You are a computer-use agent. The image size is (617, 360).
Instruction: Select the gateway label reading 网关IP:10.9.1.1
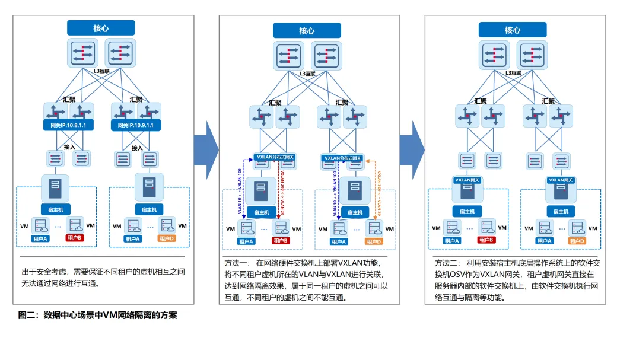click(136, 125)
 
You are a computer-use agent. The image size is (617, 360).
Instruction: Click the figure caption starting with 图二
click(98, 316)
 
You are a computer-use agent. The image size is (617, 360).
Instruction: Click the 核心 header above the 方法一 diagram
click(307, 31)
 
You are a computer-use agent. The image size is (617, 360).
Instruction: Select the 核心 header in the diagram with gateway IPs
click(101, 28)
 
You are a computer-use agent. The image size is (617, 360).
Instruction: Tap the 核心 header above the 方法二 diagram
click(513, 30)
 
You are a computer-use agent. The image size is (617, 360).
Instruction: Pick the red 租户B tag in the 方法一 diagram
click(280, 241)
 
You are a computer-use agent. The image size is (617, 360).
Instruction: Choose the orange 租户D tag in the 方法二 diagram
click(577, 241)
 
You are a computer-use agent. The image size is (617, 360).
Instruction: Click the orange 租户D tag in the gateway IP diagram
click(167, 238)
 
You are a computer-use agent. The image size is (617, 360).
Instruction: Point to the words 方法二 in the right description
click(447, 262)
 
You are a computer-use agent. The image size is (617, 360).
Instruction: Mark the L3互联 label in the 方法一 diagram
click(307, 74)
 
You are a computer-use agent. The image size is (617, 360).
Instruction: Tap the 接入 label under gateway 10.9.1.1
click(137, 148)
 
